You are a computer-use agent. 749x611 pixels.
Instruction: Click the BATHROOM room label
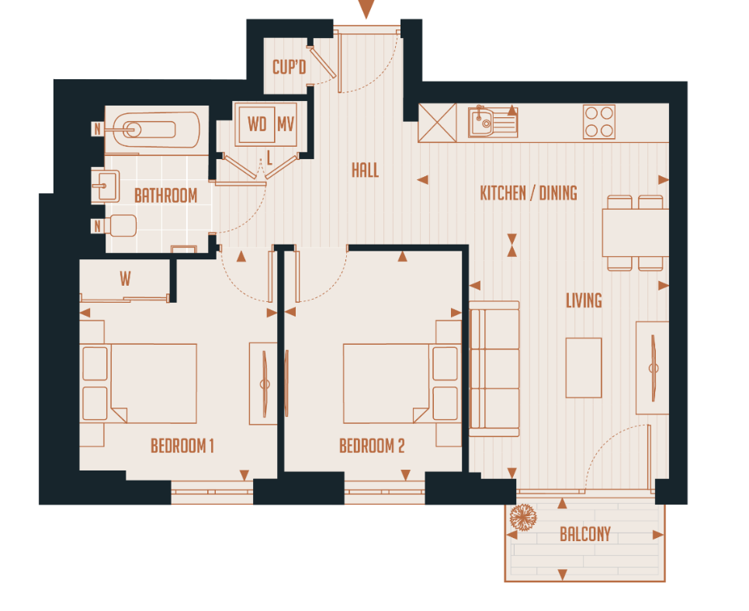click(x=165, y=196)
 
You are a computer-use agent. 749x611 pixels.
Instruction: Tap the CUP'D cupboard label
click(x=289, y=67)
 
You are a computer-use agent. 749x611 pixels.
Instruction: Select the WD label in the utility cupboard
click(x=257, y=124)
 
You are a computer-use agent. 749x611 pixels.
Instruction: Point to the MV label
click(x=286, y=124)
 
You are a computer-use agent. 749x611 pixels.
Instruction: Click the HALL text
click(x=365, y=170)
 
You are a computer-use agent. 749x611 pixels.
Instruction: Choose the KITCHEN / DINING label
click(x=528, y=193)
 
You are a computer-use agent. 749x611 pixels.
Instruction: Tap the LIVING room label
click(x=583, y=300)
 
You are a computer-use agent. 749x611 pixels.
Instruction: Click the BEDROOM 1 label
click(x=182, y=446)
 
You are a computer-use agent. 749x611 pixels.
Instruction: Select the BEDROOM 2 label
click(x=372, y=446)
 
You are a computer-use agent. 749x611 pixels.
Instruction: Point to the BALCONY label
click(x=585, y=534)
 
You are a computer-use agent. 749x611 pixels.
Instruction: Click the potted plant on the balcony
click(x=524, y=518)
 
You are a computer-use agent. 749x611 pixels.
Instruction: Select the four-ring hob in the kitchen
click(x=598, y=122)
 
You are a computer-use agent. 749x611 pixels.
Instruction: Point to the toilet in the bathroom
click(x=121, y=226)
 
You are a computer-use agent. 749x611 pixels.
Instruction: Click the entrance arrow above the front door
click(x=366, y=9)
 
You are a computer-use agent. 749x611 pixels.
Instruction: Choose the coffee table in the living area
click(x=583, y=367)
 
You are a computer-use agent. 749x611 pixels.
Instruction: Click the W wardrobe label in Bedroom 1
click(x=125, y=278)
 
